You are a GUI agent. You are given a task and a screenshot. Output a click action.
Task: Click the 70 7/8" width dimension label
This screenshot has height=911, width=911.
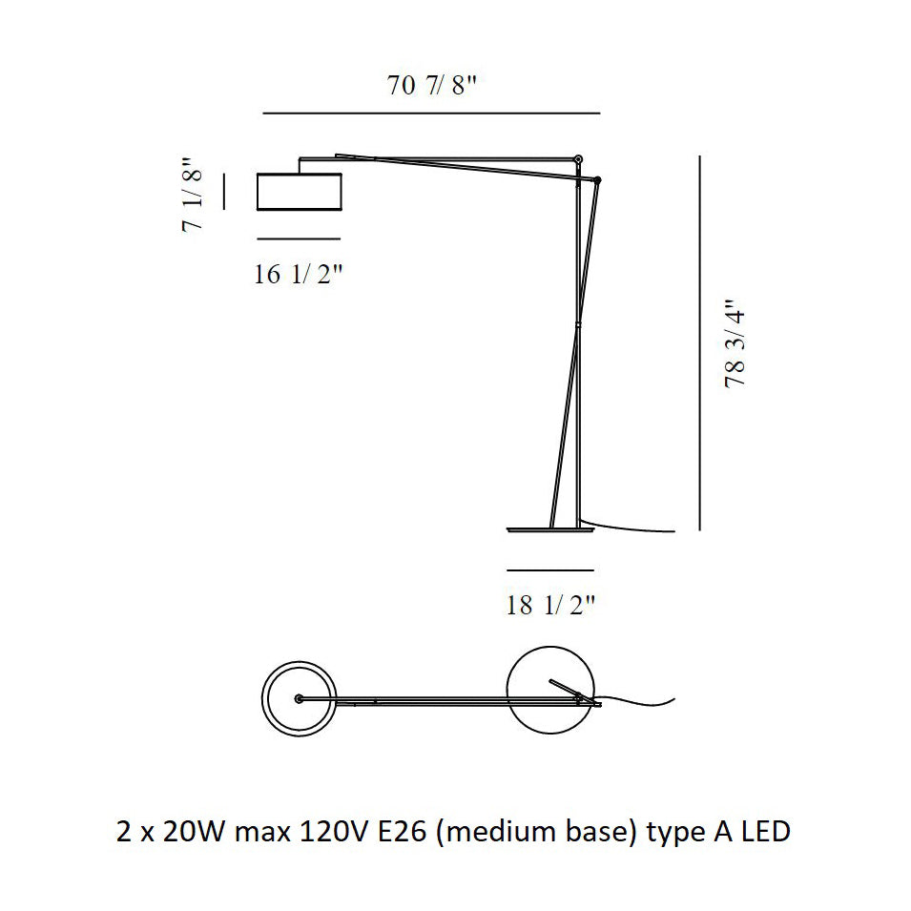coord(431,86)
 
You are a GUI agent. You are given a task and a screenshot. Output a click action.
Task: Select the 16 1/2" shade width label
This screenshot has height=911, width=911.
coord(299,276)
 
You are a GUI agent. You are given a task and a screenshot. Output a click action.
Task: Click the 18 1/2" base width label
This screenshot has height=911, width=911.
coord(551,604)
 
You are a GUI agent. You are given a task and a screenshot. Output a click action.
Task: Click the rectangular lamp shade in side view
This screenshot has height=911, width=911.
coord(300,191)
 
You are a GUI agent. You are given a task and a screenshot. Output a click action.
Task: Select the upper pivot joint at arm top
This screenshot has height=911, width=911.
coord(578,158)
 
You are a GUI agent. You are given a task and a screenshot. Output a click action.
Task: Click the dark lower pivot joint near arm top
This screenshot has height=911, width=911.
coord(597,179)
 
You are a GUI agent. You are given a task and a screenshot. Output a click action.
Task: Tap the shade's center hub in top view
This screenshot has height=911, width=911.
coord(300,699)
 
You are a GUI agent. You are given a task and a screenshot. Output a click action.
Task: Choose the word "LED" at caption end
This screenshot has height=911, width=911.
coord(763,832)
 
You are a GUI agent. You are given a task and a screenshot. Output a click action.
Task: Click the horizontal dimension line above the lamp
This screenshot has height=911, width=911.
coord(431,114)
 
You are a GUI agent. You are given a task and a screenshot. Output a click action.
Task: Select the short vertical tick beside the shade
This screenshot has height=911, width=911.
coord(225,191)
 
